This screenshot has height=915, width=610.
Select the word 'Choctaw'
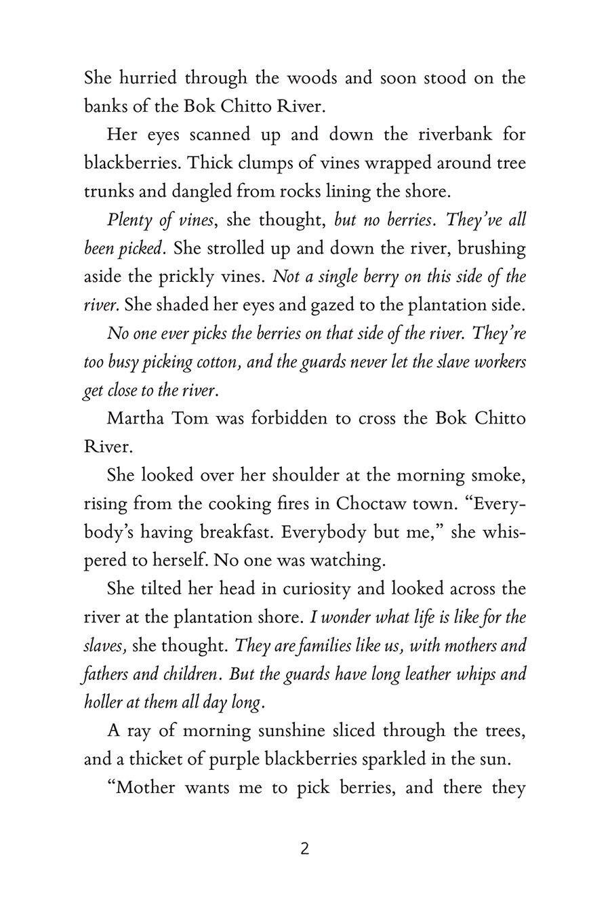click(x=370, y=504)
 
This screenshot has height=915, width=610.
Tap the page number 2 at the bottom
click(x=304, y=849)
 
